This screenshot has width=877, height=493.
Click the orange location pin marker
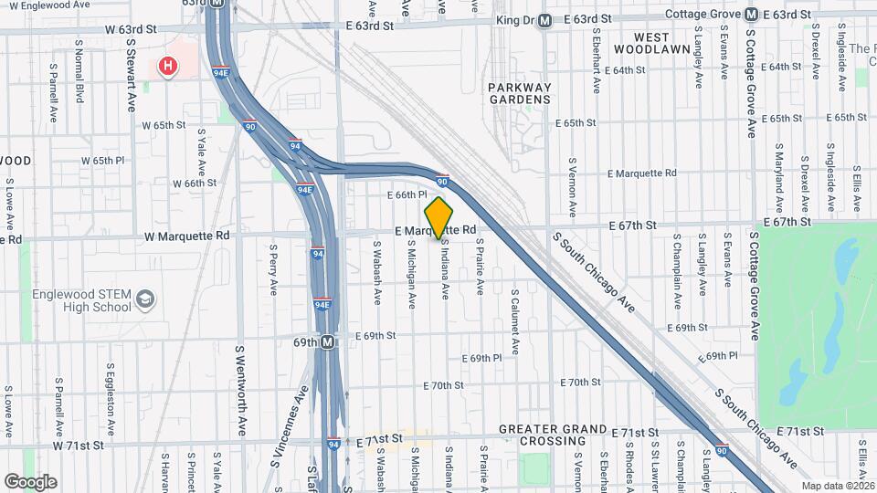(x=439, y=217)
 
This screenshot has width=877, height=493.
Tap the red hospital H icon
(x=167, y=66)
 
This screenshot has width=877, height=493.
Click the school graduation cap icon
(x=145, y=299)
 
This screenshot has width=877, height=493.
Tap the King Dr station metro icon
(x=544, y=20)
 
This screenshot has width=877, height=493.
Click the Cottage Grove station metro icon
(x=750, y=15)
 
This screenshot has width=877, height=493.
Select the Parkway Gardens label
(x=520, y=94)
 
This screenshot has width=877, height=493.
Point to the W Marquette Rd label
(x=185, y=236)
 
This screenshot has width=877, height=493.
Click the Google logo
(x=30, y=481)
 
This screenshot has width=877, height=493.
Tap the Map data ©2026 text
(x=836, y=486)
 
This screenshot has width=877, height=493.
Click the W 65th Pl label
(x=116, y=160)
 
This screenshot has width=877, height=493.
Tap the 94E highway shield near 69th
(x=322, y=305)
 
